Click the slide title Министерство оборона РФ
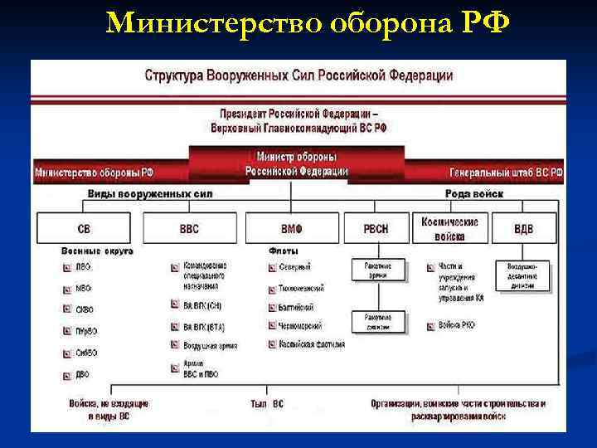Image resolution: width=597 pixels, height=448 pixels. point(308,24)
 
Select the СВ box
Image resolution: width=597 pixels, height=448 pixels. point(84,228)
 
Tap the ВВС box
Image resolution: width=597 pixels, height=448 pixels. point(189,228)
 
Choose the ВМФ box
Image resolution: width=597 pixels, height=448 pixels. point(291,228)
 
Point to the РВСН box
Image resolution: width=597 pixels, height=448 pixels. point(376,228)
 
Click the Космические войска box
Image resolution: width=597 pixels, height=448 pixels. point(450,227)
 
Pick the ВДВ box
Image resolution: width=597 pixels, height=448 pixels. point(524,228)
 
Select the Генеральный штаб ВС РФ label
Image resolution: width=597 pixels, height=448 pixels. point(506,173)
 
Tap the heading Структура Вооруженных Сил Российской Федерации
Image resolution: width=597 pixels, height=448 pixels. point(299,75)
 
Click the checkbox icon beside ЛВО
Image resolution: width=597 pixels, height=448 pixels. point(67,267)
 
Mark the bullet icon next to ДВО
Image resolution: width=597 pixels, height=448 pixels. point(67,375)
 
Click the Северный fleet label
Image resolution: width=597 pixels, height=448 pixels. point(294,267)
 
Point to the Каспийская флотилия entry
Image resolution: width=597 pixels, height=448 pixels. point(311,343)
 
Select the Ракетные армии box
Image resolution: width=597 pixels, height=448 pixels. point(377,270)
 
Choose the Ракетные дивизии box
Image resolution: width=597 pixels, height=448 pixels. point(377,321)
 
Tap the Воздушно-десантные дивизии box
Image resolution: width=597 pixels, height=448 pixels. point(523,274)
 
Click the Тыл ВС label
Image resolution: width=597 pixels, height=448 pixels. point(266,404)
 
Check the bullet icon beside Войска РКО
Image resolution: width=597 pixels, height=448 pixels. point(431,326)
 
